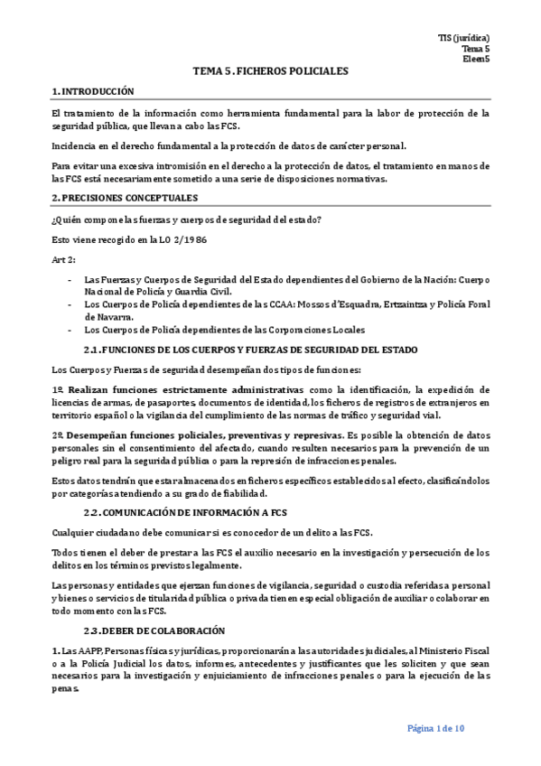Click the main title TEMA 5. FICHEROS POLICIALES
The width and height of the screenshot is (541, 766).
coord(271,70)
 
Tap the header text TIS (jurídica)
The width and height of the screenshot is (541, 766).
coord(464,38)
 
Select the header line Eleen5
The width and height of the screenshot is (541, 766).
coord(475,59)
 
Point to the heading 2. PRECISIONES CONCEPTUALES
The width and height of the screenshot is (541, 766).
coord(125,198)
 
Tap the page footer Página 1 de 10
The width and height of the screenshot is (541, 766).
coord(436,729)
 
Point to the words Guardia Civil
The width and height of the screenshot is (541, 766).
coord(204,292)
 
